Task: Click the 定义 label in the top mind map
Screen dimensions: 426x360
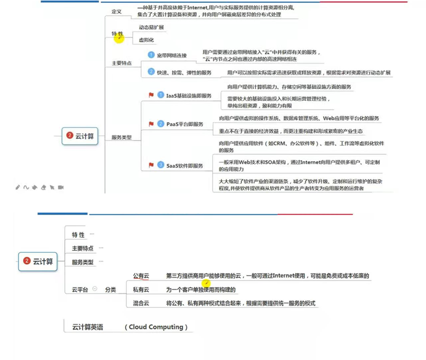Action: (116, 11)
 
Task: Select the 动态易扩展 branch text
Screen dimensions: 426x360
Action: (151, 27)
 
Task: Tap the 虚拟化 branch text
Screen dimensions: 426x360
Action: (146, 40)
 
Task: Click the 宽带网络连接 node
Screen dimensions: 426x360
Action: (172, 55)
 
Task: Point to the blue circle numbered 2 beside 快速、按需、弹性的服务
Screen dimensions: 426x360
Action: (151, 72)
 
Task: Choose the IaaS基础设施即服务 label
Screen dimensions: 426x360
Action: (189, 95)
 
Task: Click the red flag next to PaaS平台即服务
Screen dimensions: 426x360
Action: (151, 124)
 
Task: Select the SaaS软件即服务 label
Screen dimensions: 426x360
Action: (185, 165)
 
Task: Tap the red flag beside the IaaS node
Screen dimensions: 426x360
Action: (151, 95)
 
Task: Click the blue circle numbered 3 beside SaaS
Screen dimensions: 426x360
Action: (161, 164)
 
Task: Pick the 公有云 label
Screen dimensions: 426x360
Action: (141, 276)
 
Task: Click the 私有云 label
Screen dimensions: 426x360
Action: (141, 289)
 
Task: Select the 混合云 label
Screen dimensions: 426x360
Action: (141, 303)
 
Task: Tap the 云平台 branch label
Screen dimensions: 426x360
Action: (80, 289)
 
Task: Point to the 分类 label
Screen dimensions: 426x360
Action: (110, 289)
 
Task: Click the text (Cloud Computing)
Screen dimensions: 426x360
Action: (156, 327)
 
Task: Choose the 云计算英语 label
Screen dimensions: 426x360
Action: (88, 327)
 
